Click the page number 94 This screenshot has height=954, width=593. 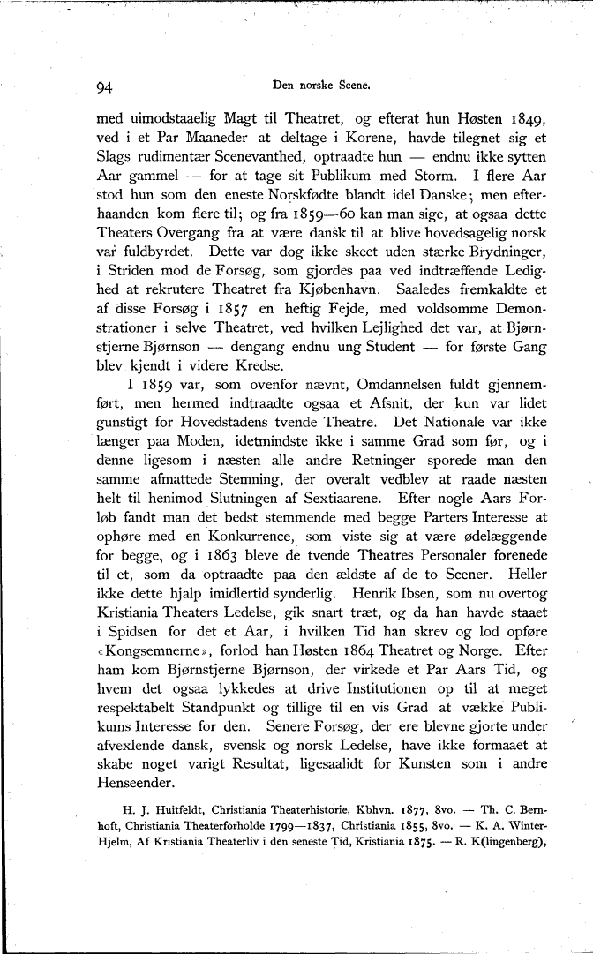pyautogui.click(x=107, y=86)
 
